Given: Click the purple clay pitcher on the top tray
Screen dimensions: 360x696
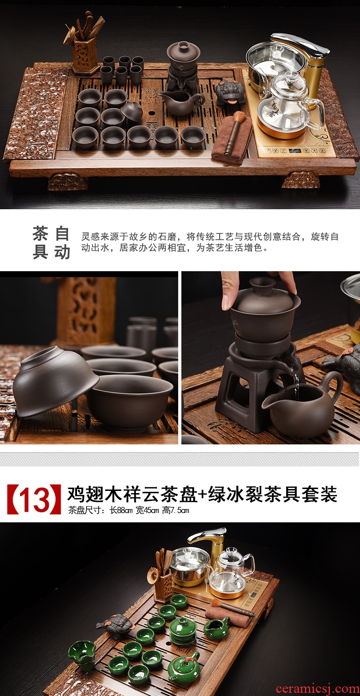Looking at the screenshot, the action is pos(182,102).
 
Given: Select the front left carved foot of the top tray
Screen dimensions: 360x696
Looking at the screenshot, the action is pos(68,182).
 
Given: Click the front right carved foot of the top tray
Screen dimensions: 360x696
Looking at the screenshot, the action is pos(301,180).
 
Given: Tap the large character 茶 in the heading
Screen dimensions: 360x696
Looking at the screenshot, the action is pos(40,234).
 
